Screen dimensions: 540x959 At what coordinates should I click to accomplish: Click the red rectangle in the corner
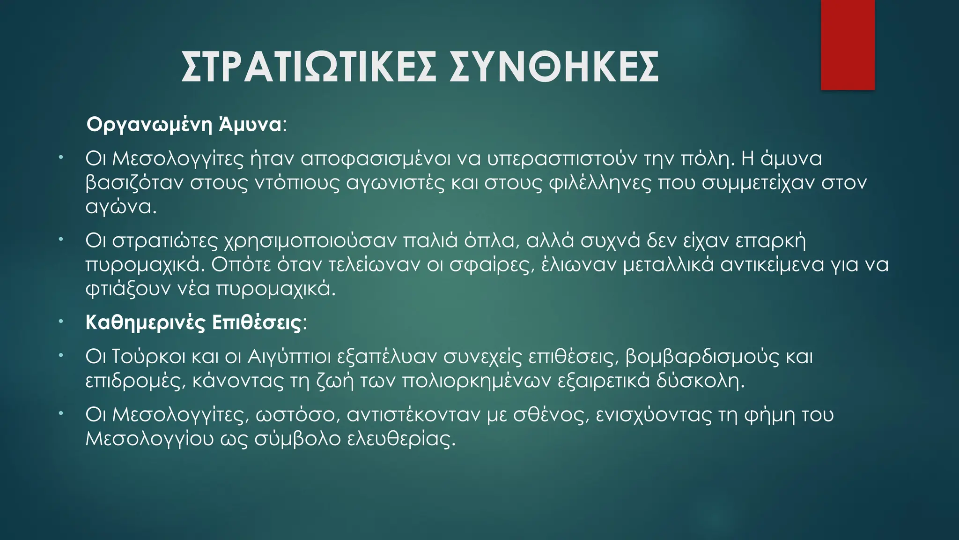[x=848, y=45]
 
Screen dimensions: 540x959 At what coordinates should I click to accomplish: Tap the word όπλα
[x=491, y=241]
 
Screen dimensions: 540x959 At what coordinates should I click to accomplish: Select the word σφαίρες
[x=492, y=265]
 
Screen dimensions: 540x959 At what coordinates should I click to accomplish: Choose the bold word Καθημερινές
[x=145, y=322]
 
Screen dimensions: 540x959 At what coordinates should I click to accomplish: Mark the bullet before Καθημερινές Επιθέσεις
[x=61, y=322]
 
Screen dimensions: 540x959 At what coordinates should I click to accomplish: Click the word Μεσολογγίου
[x=150, y=439]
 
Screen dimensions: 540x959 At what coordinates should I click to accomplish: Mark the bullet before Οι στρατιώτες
[x=61, y=240]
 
